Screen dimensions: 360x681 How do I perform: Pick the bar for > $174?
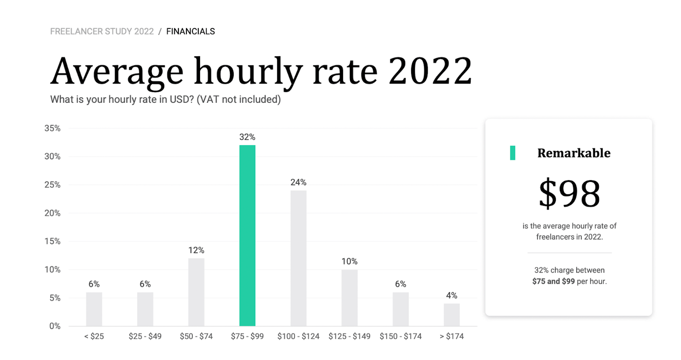452,315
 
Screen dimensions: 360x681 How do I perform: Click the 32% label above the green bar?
247,137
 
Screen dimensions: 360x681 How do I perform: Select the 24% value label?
299,182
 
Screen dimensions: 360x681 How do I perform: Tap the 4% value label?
452,296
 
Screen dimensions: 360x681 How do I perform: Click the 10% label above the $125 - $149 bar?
349,261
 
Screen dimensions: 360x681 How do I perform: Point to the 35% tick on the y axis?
53,128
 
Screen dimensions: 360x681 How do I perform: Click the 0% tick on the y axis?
55,326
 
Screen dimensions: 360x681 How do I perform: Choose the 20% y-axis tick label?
53,213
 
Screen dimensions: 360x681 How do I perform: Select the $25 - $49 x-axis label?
145,336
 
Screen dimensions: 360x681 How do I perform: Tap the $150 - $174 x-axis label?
401,336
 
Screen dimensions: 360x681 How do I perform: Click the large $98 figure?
569,194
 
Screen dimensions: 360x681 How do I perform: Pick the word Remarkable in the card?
573,153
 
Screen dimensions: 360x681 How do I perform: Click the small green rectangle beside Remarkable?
512,153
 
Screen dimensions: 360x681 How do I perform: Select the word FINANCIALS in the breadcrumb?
191,31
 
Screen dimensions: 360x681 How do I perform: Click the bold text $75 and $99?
554,281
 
